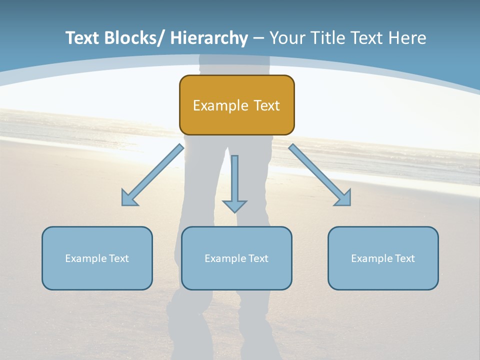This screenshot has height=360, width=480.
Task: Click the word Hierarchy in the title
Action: tap(209, 38)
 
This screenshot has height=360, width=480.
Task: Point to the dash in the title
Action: tap(258, 38)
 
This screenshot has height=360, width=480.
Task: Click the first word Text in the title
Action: tap(82, 38)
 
